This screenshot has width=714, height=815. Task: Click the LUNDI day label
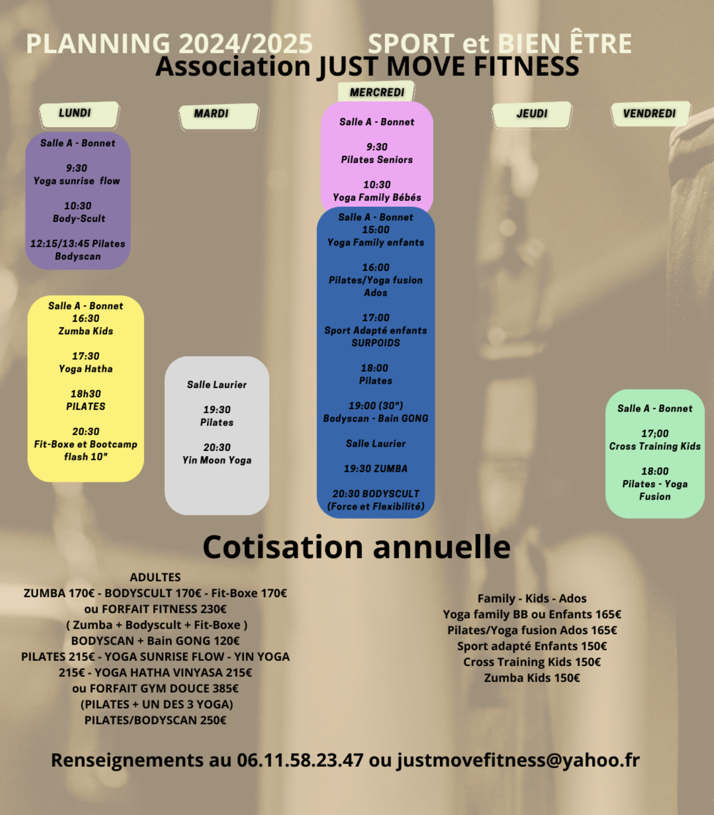click(75, 113)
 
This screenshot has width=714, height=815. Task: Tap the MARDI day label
click(211, 113)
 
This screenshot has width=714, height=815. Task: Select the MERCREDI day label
click(377, 92)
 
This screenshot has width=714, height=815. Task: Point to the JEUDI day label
click(532, 113)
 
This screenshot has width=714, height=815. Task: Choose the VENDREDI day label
click(650, 113)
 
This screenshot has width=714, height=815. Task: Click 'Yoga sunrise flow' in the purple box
click(77, 181)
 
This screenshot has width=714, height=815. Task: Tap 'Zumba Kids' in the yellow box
click(86, 331)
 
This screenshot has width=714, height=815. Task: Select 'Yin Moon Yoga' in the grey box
click(217, 460)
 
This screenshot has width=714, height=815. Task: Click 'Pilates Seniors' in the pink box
click(377, 160)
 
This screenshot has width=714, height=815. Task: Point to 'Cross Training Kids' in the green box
click(655, 446)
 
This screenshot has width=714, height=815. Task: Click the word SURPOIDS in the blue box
click(376, 343)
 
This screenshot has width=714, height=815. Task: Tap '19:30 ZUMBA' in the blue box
click(376, 469)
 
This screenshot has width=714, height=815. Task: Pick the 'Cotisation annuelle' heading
click(357, 547)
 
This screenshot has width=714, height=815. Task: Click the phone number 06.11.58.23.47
click(300, 760)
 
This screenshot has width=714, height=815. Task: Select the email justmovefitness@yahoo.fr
click(519, 760)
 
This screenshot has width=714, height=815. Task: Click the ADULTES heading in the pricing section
click(155, 577)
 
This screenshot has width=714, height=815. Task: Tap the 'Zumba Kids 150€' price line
click(532, 678)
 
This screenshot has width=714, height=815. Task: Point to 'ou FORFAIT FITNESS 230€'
click(155, 609)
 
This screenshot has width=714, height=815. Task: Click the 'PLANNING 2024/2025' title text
click(169, 43)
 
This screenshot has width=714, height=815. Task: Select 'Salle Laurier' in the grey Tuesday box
click(217, 385)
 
